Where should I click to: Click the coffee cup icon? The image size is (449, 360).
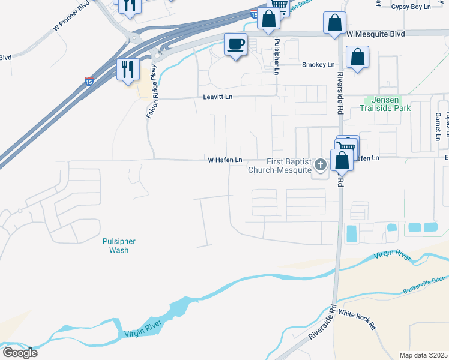tap(235, 44)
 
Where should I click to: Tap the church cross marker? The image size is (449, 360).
tap(320, 163)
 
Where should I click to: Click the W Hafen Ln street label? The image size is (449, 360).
tap(225, 160)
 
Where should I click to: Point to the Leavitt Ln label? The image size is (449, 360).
tap(217, 97)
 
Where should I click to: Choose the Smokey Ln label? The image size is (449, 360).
tap(318, 65)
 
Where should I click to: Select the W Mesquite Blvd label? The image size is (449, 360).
tap(375, 34)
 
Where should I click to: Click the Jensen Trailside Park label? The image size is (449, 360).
tap(385, 104)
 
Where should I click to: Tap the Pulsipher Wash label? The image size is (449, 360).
tap(118, 245)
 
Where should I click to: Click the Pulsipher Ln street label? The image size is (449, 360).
tap(277, 57)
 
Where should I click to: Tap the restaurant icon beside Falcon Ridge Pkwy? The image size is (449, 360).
tap(128, 69)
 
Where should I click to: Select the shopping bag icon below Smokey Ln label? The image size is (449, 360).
tap(357, 58)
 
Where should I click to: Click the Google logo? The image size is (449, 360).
tap(20, 352)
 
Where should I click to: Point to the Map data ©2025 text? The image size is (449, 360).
tap(423, 355)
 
